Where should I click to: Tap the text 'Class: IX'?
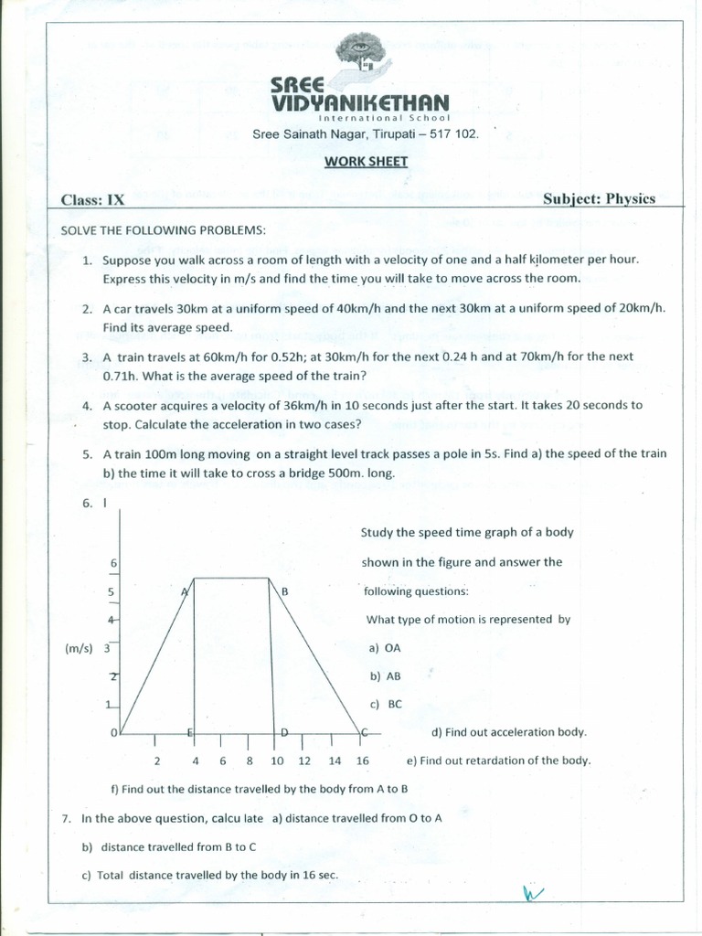[x=92, y=199]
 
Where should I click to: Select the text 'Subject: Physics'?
[x=599, y=198]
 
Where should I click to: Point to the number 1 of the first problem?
[x=87, y=260]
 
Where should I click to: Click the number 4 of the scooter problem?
[x=87, y=405]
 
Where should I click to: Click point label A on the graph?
[x=186, y=591]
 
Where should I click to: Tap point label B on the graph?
[x=284, y=591]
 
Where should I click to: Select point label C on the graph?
[x=364, y=732]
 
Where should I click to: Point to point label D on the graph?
[x=284, y=732]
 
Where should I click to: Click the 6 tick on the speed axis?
[x=112, y=563]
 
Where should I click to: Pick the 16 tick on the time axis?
[x=362, y=760]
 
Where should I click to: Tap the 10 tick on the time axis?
[x=277, y=760]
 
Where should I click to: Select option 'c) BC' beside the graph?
[x=386, y=705]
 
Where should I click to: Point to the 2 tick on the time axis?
[x=156, y=760]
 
